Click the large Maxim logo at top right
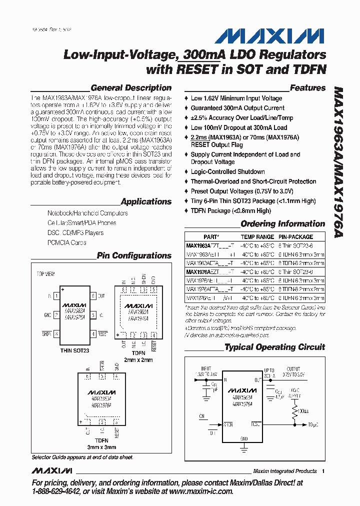pyautogui.click(x=270, y=36)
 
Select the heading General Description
pyautogui.click(x=131, y=88)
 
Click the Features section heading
pyautogui.click(x=307, y=88)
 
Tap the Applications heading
pyautogui.click(x=146, y=201)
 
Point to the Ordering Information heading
pyautogui.click(x=283, y=224)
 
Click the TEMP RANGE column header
pyautogui.click(x=257, y=236)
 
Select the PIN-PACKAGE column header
pyautogui.click(x=296, y=236)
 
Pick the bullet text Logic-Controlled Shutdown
pyautogui.click(x=228, y=171)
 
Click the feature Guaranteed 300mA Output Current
pyautogui.click(x=237, y=108)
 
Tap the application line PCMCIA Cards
pyautogui.click(x=67, y=242)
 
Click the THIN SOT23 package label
pyautogui.click(x=74, y=351)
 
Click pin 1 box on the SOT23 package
pyautogui.click(x=57, y=296)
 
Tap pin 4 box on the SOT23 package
pyautogui.click(x=93, y=333)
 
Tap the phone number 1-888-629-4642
pyautogui.click(x=55, y=491)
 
